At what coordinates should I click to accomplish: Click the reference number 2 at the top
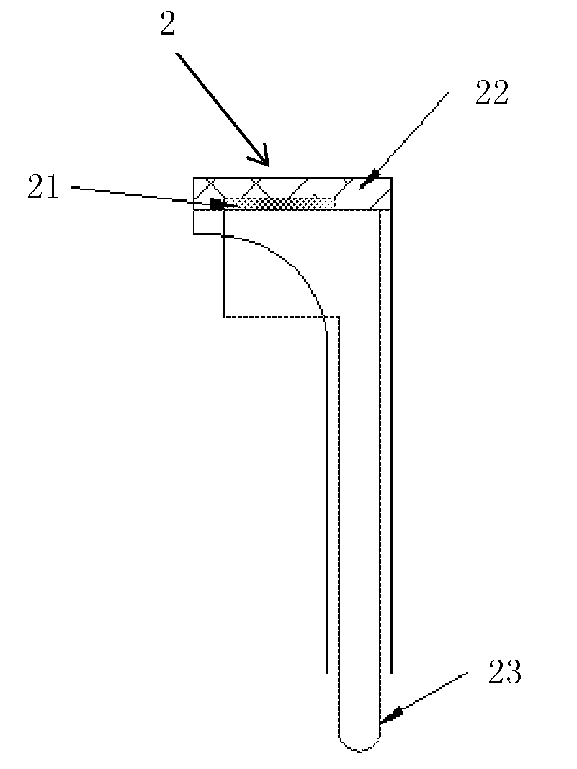tap(167, 24)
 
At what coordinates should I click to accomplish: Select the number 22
tap(492, 94)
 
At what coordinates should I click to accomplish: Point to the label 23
tap(505, 673)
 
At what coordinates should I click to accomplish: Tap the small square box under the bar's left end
tap(208, 222)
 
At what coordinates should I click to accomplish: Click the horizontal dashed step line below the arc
tap(282, 318)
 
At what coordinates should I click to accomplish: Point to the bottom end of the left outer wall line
tap(327, 673)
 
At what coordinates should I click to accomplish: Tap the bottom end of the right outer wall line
tap(391, 673)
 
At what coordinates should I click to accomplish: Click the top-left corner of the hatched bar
tap(194, 178)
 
